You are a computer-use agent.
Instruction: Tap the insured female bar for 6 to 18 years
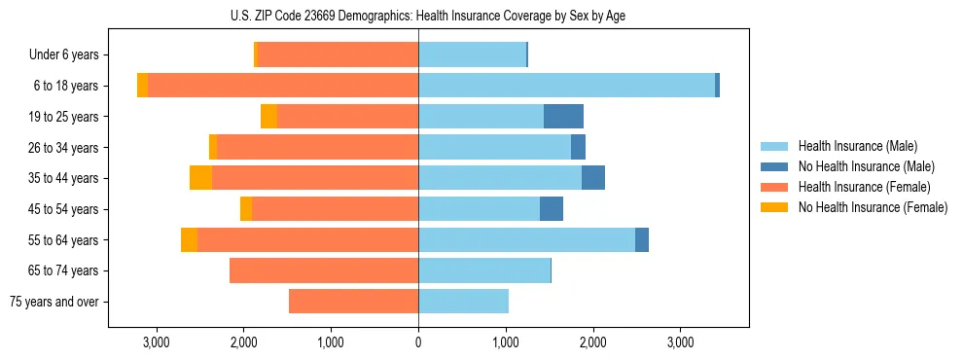283,86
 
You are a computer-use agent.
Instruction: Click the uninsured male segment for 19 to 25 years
563,117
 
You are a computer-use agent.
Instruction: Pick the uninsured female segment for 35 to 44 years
200,178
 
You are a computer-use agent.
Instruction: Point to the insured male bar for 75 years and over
463,302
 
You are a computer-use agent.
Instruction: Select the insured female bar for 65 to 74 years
324,270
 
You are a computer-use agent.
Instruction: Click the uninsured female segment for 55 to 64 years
189,240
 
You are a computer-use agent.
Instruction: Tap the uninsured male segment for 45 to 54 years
552,209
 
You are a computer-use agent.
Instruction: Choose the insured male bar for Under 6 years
472,54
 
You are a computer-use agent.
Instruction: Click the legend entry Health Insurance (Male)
857,146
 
